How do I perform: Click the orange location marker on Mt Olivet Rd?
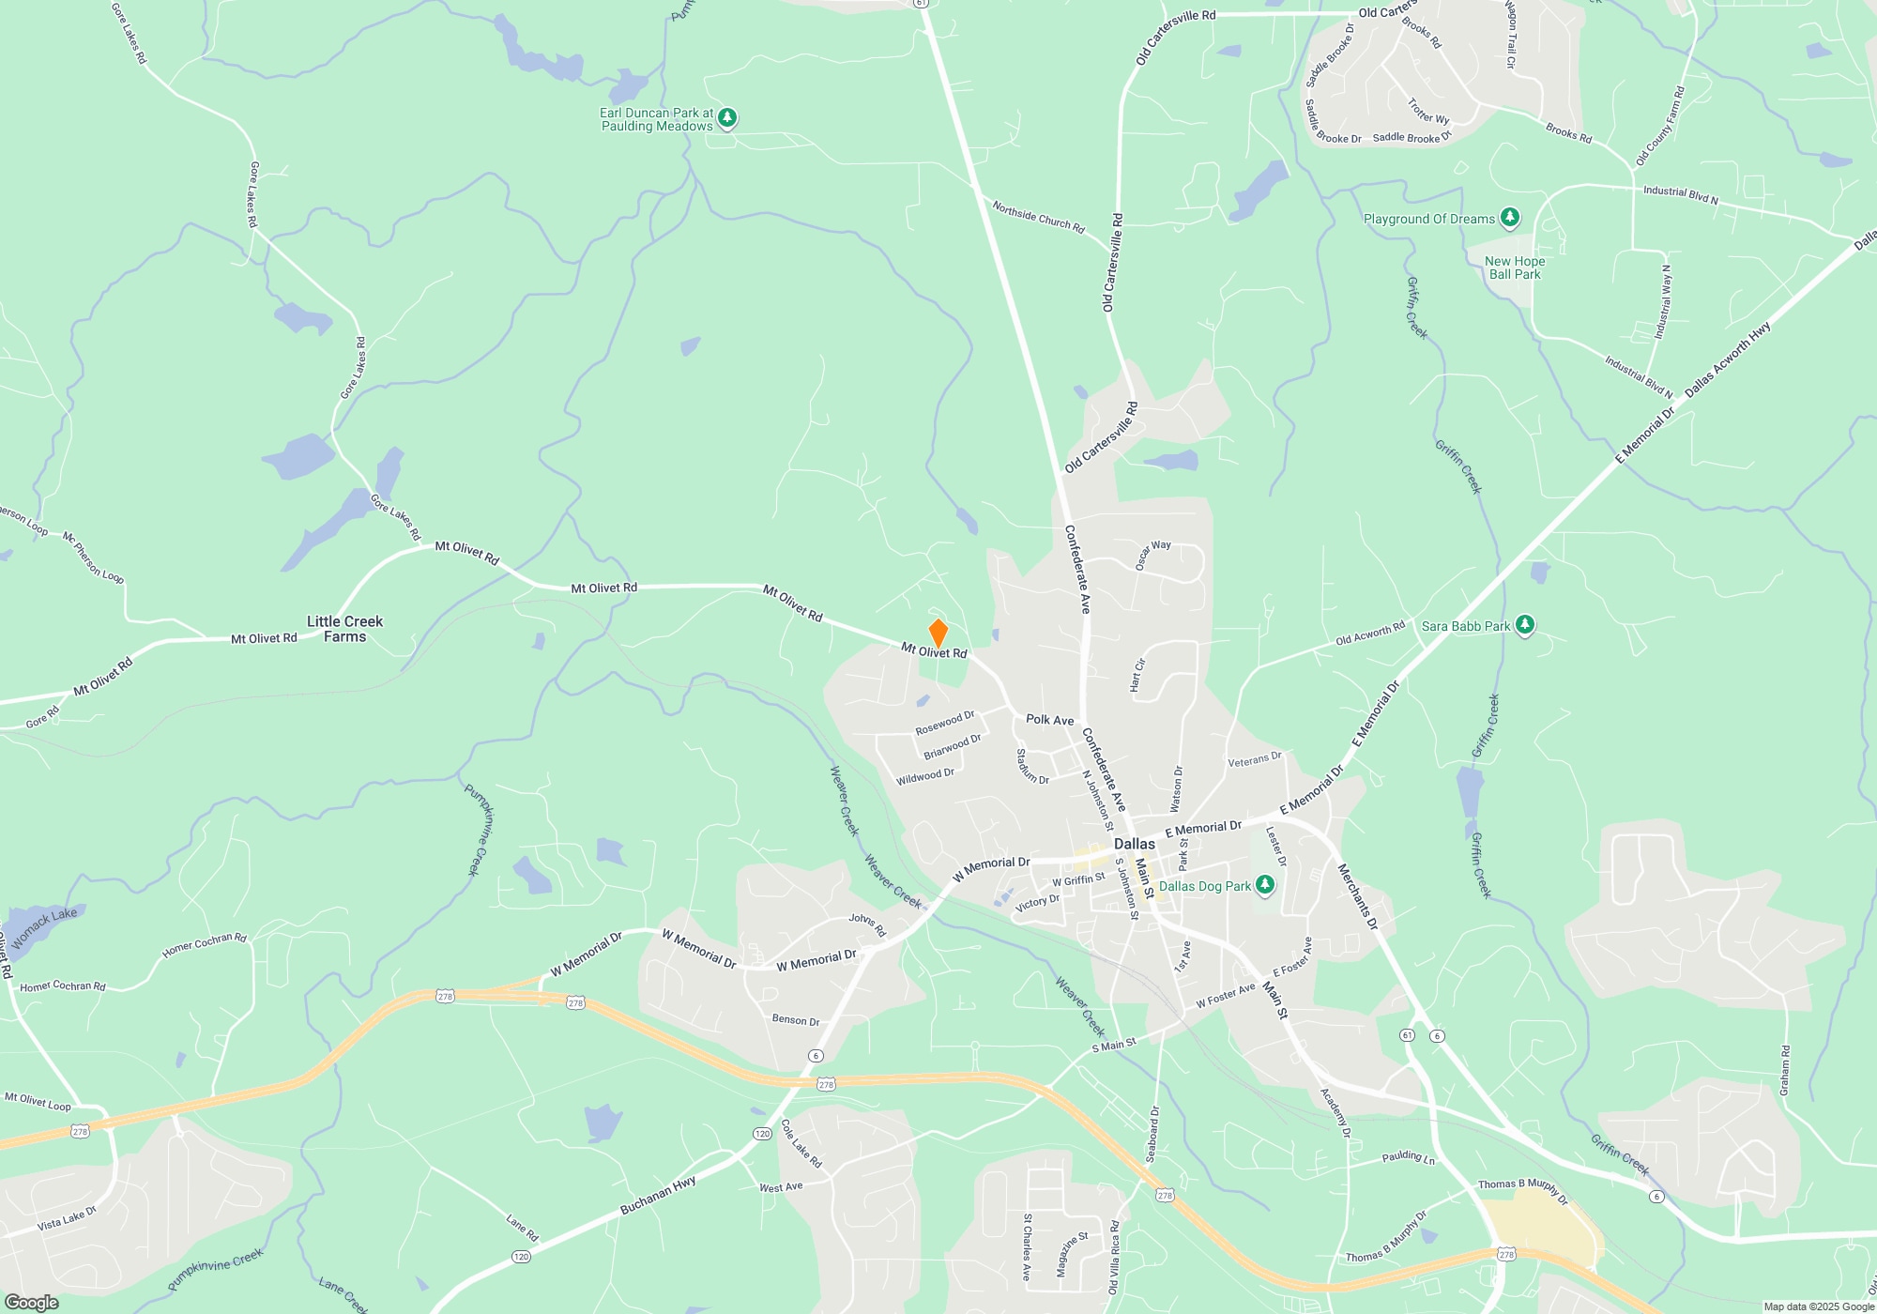pyautogui.click(x=938, y=633)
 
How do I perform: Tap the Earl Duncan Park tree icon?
pyautogui.click(x=727, y=118)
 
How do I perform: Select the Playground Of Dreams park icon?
pyautogui.click(x=1509, y=219)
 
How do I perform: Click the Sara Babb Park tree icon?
pyautogui.click(x=1525, y=625)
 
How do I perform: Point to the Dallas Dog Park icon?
pyautogui.click(x=1265, y=885)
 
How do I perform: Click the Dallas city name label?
pyautogui.click(x=1134, y=844)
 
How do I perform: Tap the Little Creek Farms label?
pyautogui.click(x=344, y=629)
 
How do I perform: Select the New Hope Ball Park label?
pyautogui.click(x=1514, y=267)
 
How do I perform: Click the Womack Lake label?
pyautogui.click(x=45, y=927)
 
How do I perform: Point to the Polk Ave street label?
pyautogui.click(x=1049, y=720)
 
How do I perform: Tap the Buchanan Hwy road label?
pyautogui.click(x=658, y=1196)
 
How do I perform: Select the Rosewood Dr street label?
pyautogui.click(x=944, y=723)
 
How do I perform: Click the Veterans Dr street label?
pyautogui.click(x=1254, y=759)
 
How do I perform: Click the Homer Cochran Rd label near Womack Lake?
pyautogui.click(x=204, y=944)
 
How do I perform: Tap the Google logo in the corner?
pyautogui.click(x=31, y=1302)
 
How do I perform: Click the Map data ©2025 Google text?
pyautogui.click(x=1818, y=1306)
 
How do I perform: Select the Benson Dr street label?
pyautogui.click(x=795, y=1020)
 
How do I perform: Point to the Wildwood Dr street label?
pyautogui.click(x=924, y=776)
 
